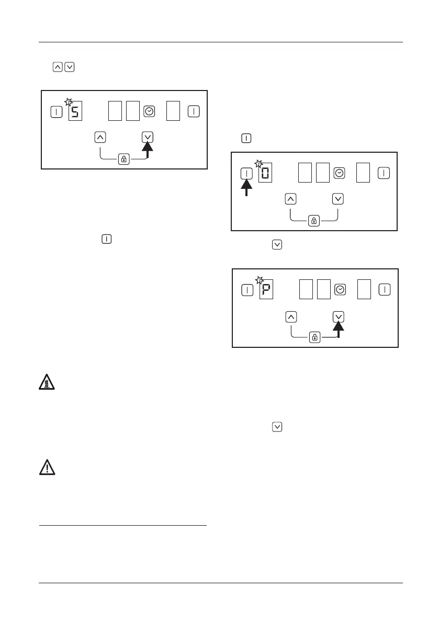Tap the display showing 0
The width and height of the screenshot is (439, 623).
click(x=266, y=174)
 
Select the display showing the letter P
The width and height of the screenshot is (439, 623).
click(x=267, y=290)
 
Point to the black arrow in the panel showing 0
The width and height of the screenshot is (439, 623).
click(x=246, y=187)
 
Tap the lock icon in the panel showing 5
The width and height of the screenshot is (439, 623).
click(x=124, y=160)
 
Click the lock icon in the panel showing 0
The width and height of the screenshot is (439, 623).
click(x=314, y=222)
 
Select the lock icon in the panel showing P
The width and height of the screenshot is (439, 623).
click(x=315, y=338)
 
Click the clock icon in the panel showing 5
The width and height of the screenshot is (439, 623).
click(x=149, y=111)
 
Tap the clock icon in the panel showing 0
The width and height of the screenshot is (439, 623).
click(x=339, y=173)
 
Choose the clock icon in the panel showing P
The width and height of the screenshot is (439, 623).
click(x=340, y=290)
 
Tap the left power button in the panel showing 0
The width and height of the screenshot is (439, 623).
click(x=246, y=173)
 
